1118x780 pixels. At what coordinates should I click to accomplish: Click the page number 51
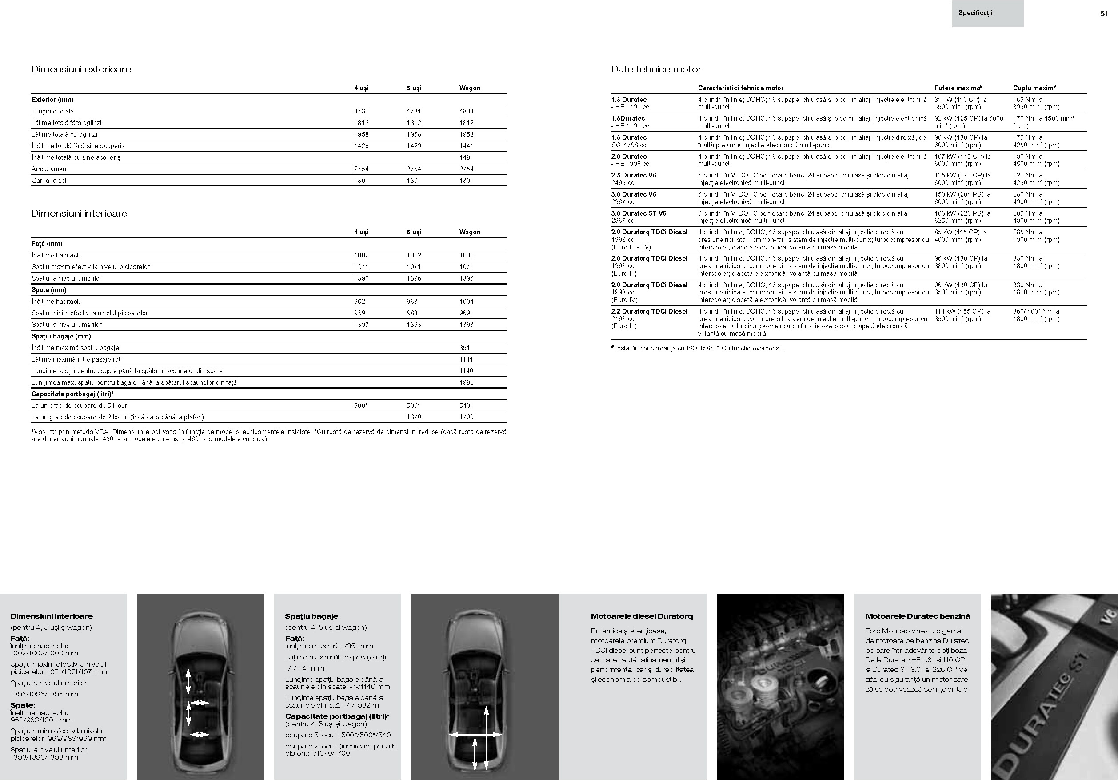coord(1104,14)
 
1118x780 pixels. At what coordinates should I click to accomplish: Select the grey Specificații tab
coord(987,14)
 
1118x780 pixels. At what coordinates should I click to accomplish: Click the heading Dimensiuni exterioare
coord(81,69)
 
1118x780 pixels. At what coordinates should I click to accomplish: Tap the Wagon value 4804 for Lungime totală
coord(466,111)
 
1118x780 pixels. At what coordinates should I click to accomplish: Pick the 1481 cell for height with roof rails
coord(466,157)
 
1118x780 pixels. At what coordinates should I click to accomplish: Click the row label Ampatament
coord(50,169)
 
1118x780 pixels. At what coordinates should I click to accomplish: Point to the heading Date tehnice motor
coord(656,69)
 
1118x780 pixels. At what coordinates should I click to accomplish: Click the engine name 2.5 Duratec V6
coord(634,175)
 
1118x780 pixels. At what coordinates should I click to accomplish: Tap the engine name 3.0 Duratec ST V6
coord(639,213)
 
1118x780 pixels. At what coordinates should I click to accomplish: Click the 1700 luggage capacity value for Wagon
coord(466,417)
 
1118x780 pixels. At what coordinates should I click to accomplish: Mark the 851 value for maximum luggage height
coord(464,348)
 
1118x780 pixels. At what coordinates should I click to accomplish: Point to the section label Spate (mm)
coord(49,290)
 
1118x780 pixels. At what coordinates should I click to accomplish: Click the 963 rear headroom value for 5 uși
coord(412,302)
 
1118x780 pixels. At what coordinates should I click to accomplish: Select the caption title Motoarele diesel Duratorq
coord(641,616)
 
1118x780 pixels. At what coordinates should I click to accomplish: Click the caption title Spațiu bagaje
coord(311,616)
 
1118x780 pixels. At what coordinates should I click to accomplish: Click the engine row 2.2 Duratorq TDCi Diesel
coord(649,311)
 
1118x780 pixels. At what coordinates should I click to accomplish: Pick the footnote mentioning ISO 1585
coord(697,348)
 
